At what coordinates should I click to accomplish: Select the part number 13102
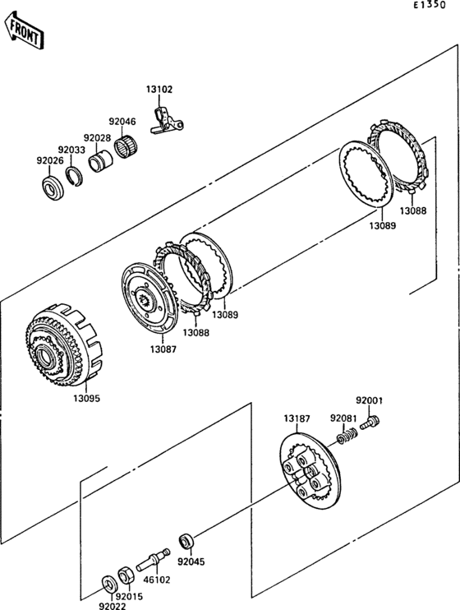[159, 89]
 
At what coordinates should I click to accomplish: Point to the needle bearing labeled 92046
[126, 146]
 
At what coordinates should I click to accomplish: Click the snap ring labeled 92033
[74, 176]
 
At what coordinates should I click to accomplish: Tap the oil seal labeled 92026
[52, 188]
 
